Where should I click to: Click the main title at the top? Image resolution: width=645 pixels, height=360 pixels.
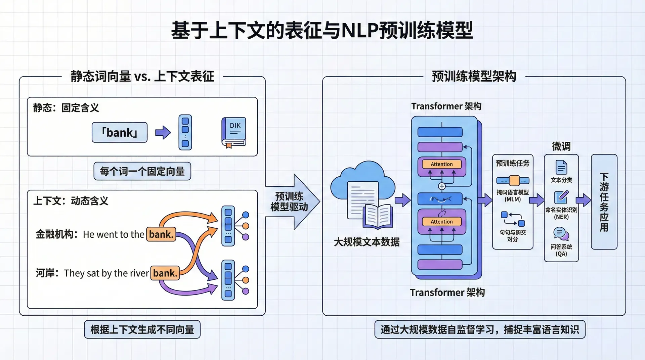click(322, 30)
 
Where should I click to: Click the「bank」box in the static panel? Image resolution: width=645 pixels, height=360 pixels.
click(120, 133)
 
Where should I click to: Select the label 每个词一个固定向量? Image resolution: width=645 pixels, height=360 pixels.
click(142, 171)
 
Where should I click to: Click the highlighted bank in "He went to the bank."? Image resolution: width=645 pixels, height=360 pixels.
click(161, 234)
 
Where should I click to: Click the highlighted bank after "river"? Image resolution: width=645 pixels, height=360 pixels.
click(165, 273)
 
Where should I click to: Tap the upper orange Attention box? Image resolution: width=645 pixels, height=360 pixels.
click(441, 164)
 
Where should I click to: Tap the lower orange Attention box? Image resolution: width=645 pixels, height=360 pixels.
click(441, 222)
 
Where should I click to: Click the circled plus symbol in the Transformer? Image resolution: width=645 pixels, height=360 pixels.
click(442, 186)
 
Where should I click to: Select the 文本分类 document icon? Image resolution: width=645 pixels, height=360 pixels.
click(561, 167)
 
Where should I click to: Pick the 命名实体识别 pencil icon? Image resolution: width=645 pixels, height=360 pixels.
click(561, 197)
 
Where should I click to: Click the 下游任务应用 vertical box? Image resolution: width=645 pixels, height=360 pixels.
click(604, 202)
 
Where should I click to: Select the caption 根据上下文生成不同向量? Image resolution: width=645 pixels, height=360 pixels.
click(142, 329)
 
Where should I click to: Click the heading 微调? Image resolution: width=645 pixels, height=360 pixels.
click(561, 146)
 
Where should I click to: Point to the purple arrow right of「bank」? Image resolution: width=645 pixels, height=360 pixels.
click(163, 133)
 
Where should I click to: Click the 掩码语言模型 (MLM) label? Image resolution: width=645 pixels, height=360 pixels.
click(513, 195)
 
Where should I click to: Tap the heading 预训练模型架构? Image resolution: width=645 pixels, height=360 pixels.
click(474, 77)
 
